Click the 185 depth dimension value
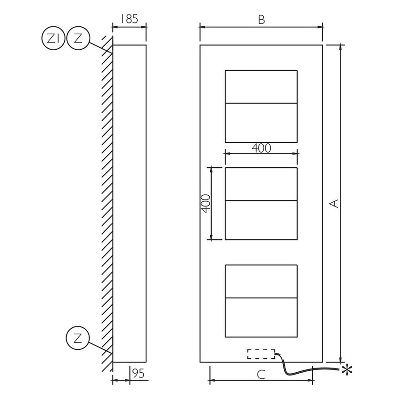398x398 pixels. coord(129,19)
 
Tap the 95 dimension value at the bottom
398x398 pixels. coord(138,373)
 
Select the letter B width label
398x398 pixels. coord(261,20)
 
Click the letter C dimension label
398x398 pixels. coord(261,375)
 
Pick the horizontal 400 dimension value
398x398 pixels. coord(261,148)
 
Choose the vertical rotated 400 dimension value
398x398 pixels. coord(206,204)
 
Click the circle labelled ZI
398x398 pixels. coord(53,38)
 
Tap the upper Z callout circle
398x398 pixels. coord(78,38)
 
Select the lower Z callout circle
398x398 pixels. coord(78,338)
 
